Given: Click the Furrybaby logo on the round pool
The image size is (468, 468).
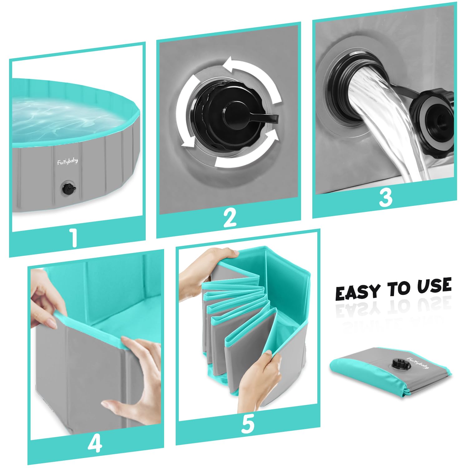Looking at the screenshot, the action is [x=67, y=161].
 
